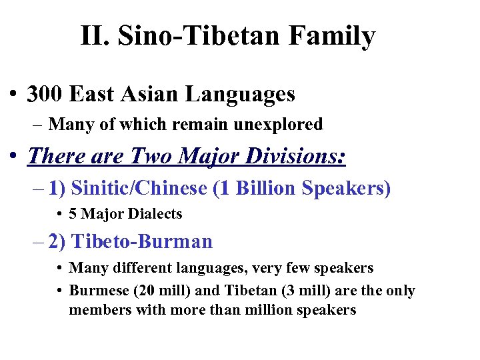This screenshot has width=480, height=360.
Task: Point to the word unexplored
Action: pos(279,124)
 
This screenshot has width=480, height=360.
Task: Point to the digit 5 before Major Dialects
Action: pos(73,214)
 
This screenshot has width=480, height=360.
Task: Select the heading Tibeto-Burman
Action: pos(141,241)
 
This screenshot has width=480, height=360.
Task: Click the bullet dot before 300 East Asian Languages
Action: pos(13,95)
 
